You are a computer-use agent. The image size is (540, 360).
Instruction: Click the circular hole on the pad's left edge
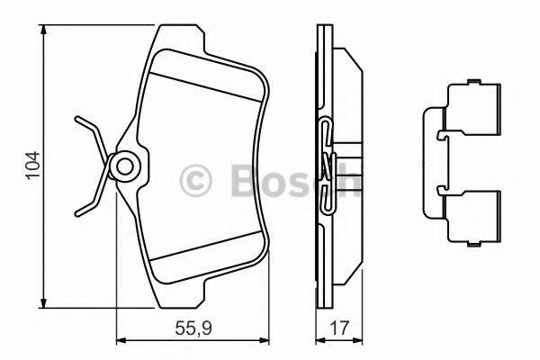point(123,166)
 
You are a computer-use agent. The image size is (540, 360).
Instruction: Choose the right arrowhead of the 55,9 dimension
point(267,340)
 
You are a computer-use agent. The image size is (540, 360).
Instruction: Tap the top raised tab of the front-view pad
point(181,36)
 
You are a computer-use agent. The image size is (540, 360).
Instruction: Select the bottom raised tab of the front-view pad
point(181,293)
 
